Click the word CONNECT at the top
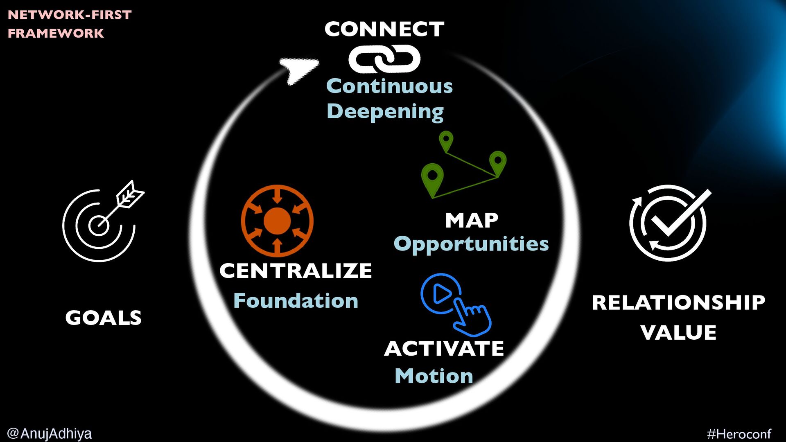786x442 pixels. [x=384, y=29]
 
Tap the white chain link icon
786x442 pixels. [x=384, y=59]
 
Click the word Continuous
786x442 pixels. [x=389, y=86]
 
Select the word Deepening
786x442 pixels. [x=385, y=111]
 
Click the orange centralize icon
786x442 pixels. [x=277, y=220]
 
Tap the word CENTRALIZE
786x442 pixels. [x=296, y=271]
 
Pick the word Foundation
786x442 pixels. [x=296, y=301]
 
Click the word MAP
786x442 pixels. [x=472, y=221]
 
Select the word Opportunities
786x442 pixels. [x=471, y=244]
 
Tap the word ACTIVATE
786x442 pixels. [x=444, y=349]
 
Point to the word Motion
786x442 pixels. [x=434, y=376]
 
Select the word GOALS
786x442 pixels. [x=103, y=318]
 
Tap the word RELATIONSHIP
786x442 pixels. [x=678, y=303]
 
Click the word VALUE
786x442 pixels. [x=678, y=332]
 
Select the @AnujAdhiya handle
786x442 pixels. [x=50, y=433]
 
